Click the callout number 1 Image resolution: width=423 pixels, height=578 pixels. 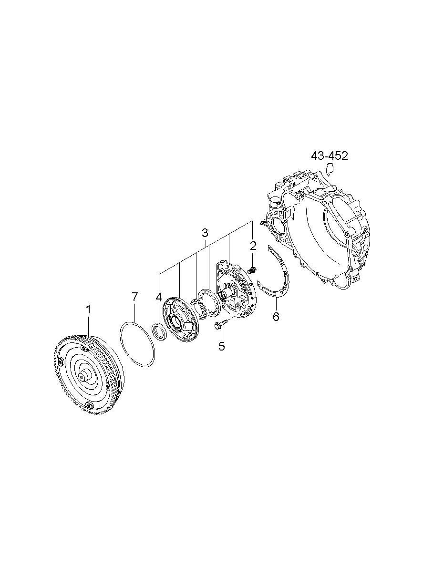[89, 309]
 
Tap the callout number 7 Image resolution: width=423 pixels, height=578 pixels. [134, 297]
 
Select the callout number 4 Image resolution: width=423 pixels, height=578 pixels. [158, 297]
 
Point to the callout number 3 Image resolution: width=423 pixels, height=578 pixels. [205, 233]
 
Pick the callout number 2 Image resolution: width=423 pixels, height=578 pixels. [253, 246]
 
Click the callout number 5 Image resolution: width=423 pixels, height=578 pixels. [222, 346]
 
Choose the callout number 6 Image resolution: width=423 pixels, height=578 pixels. [276, 316]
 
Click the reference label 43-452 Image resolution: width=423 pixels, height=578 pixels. [330, 156]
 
